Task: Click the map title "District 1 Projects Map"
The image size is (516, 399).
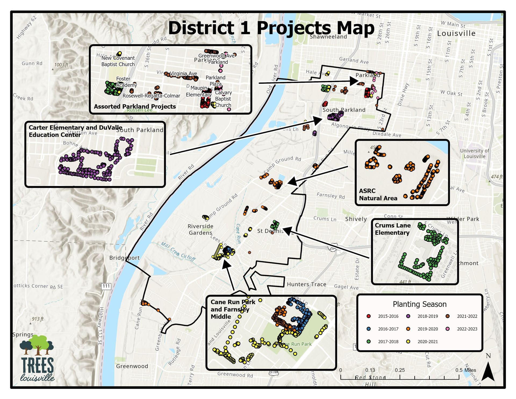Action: (x=271, y=28)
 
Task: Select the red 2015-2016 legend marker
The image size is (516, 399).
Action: (x=369, y=316)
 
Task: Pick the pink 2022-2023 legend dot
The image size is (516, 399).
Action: (x=448, y=329)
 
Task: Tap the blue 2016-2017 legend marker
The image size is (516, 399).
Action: (x=369, y=329)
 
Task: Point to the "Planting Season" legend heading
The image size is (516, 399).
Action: (x=420, y=304)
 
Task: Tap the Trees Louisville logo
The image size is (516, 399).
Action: (x=37, y=358)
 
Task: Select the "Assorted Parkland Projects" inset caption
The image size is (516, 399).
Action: (x=135, y=106)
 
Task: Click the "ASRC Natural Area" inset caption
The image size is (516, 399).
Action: (x=378, y=194)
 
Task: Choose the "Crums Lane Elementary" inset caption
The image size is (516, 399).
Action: (x=393, y=229)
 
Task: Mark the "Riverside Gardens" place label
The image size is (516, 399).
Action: (x=200, y=229)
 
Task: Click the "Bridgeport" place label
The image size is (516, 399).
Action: (x=124, y=258)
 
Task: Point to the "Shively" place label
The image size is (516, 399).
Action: (x=356, y=219)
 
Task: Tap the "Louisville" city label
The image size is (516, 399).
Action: (x=456, y=33)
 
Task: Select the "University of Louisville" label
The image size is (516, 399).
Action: (x=474, y=154)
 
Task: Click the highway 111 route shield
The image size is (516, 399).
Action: (x=106, y=286)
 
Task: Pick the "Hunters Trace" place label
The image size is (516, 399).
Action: (x=306, y=284)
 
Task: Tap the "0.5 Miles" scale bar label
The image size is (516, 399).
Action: (x=465, y=370)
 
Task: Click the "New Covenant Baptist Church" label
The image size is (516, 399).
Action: (x=118, y=61)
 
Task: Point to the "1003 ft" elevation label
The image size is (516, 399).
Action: (x=61, y=65)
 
